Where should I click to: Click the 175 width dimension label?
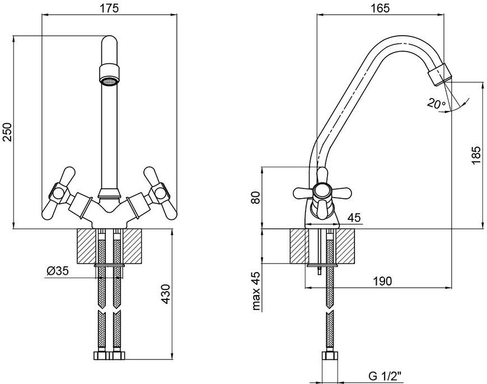tap(109, 8)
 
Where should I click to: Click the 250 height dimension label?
tap(7, 132)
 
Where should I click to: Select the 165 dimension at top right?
tap(380, 8)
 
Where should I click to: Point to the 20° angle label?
tap(436, 104)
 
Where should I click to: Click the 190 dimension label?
tap(382, 281)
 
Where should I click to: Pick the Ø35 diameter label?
tap(58, 271)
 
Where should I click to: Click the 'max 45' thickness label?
tap(256, 291)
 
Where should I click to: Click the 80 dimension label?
tap(256, 198)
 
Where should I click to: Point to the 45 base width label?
tap(354, 218)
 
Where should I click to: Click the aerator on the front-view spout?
tap(109, 74)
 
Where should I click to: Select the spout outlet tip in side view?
tap(439, 74)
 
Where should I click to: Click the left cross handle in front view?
tap(59, 193)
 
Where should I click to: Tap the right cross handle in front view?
tap(160, 193)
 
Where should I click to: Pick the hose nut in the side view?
tap(329, 356)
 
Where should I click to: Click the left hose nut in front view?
tap(100, 355)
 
